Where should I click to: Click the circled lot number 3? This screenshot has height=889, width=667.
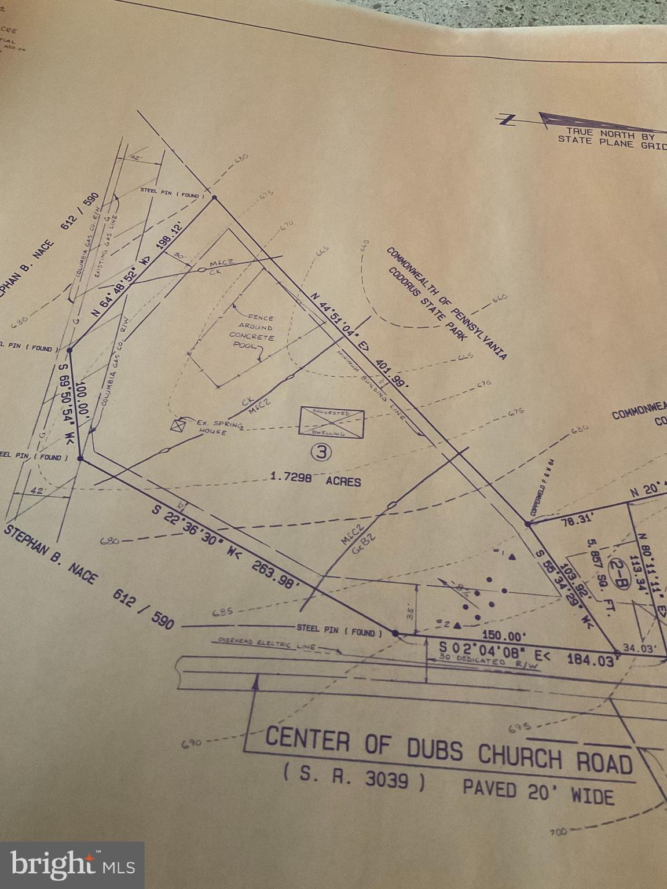(321, 452)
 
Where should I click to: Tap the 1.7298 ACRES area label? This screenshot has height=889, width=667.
(316, 479)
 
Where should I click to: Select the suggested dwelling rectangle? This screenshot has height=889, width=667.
(331, 422)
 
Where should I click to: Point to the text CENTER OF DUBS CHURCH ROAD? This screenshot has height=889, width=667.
(449, 751)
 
